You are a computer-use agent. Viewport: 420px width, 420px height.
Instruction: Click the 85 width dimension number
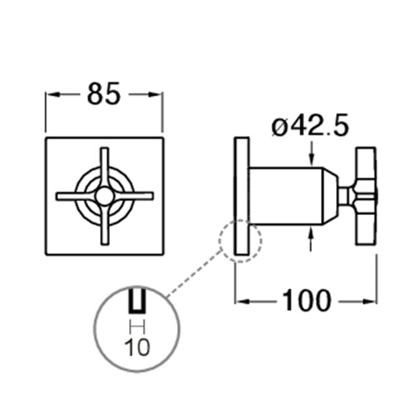(x=104, y=94)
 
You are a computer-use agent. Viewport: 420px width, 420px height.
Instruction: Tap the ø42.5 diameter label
(x=310, y=125)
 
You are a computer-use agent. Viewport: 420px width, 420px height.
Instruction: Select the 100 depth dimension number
(x=307, y=300)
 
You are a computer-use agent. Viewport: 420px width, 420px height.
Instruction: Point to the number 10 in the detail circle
(x=137, y=347)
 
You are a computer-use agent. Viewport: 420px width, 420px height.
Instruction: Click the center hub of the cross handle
(x=103, y=196)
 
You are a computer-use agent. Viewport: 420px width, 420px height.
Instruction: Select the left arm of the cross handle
(x=76, y=196)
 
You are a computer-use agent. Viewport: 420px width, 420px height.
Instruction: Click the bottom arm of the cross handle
(x=104, y=224)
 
